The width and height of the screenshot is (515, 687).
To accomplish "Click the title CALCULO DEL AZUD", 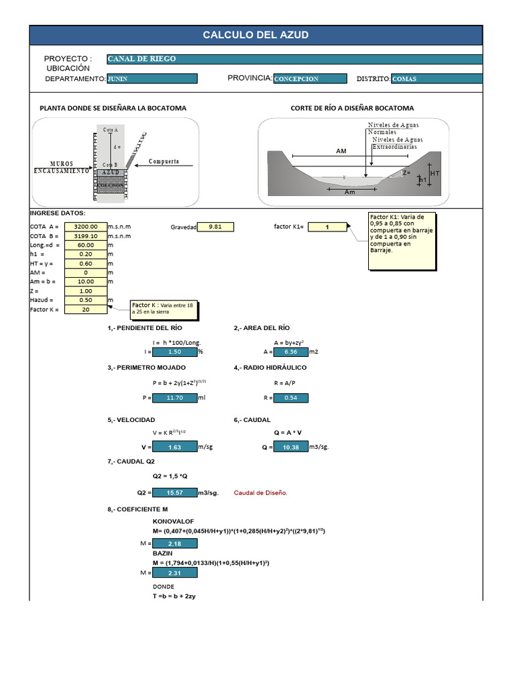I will coord(255,36).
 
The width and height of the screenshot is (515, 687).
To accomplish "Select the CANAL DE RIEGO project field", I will coord(294,59).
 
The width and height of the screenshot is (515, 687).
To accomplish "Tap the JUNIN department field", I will coord(152,78).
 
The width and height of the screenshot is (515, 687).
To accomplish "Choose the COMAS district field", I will coord(436,78).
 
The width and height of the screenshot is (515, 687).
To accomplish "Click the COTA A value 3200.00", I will coord(85,227).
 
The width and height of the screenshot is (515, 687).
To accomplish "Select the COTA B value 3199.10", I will coord(85,236).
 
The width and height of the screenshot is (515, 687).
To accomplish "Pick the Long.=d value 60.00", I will coord(85,246).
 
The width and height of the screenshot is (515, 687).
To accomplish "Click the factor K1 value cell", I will coord(327,227).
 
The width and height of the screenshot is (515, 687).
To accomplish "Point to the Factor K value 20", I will coord(85,309).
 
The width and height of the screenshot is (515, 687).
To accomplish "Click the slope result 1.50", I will coord(174,352).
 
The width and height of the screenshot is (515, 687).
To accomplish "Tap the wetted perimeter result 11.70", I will coord(174,398).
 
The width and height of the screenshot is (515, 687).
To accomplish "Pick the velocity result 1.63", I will coord(174,447).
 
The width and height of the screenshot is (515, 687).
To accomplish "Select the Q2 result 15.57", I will coord(174,493).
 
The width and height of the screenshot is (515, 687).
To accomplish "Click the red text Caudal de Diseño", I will coord(260,493).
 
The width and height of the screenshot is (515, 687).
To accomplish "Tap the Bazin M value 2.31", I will coord(174,573).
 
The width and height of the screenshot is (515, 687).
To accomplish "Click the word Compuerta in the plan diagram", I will coord(164,162).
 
